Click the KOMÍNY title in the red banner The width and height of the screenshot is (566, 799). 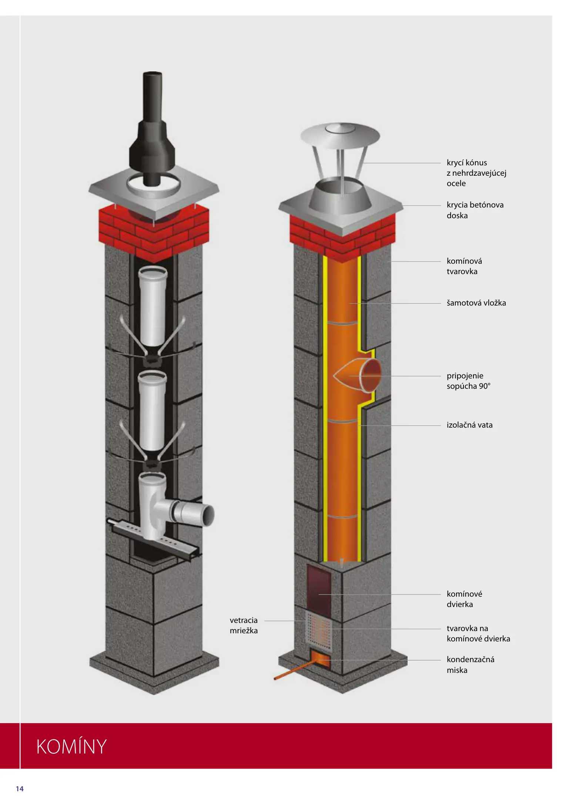click(x=71, y=746)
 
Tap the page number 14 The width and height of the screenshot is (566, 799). click(x=20, y=789)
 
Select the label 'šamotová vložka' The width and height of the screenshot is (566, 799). click(x=476, y=303)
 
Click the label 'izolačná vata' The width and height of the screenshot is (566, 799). click(x=469, y=425)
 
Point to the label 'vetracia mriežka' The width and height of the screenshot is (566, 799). click(x=244, y=625)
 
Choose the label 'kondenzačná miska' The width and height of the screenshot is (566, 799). click(x=470, y=664)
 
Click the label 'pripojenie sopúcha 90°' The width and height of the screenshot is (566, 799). click(x=468, y=381)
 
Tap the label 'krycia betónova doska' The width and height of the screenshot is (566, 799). click(x=475, y=210)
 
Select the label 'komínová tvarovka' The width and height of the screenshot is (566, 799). click(x=464, y=266)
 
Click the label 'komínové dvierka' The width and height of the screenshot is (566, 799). click(x=464, y=599)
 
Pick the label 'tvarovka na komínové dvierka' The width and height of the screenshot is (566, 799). click(x=478, y=633)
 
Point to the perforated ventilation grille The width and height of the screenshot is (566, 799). click(x=317, y=631)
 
